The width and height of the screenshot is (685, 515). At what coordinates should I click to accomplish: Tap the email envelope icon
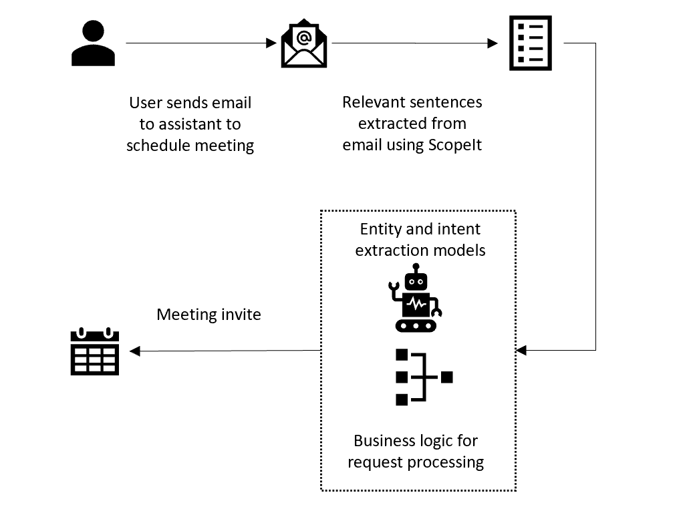(x=304, y=45)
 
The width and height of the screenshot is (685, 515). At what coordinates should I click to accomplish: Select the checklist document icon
(x=531, y=43)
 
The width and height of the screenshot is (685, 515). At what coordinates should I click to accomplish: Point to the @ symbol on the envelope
(x=304, y=37)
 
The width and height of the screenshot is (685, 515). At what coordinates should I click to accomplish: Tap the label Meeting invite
(x=209, y=314)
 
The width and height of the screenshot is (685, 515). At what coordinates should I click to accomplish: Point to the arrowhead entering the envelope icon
(x=271, y=43)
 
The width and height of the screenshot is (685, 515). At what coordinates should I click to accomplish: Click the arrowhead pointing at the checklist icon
(x=493, y=43)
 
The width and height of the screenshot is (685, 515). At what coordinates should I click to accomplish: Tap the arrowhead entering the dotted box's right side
(x=522, y=350)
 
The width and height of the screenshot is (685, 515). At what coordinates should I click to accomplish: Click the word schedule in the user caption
(x=158, y=146)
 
